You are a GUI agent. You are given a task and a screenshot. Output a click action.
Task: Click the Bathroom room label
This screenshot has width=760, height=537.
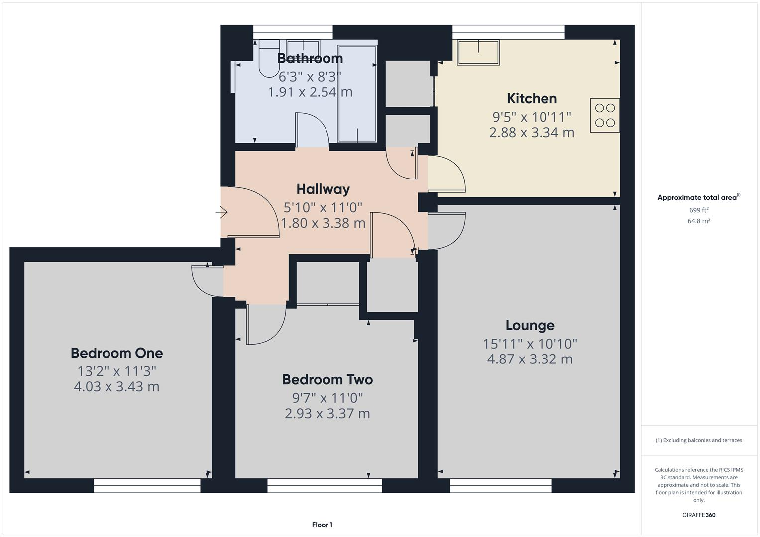coord(310,58)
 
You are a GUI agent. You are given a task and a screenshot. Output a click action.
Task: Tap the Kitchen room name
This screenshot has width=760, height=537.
coord(532,98)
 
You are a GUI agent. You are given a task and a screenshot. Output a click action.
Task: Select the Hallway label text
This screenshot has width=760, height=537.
coord(323,189)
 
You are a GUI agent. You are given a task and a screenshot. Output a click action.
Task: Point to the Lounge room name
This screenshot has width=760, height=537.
coord(530,325)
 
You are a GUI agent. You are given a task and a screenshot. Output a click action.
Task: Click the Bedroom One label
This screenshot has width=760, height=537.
coord(116,353)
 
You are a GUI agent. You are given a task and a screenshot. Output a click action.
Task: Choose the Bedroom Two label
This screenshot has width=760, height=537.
coord(327,380)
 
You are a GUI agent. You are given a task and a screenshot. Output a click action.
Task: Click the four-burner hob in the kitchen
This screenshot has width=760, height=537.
coord(605,115)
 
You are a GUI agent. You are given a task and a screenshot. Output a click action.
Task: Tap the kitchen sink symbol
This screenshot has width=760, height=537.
coord(478,53)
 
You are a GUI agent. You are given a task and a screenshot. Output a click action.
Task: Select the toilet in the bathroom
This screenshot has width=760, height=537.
coord(269,59)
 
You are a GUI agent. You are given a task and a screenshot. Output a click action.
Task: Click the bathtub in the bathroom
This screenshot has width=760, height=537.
coord(357,94)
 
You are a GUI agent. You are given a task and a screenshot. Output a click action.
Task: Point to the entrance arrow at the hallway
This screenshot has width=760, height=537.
coord(221,213)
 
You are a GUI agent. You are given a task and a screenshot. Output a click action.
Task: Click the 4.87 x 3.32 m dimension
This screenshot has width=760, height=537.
coord(530,359)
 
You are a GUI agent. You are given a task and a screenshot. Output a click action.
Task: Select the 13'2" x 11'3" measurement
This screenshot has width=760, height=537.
coord(116,371)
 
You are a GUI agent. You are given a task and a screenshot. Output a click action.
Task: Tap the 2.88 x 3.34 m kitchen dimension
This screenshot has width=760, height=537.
coord(532,133)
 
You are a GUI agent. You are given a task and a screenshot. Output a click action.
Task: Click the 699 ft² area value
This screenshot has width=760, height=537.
coord(698,210)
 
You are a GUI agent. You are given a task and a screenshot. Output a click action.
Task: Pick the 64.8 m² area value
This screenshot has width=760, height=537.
coord(698,221)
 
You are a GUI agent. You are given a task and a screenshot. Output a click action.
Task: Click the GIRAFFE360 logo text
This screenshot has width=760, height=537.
coord(698,515)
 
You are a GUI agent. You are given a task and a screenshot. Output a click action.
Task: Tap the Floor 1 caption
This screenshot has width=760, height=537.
coord(322,525)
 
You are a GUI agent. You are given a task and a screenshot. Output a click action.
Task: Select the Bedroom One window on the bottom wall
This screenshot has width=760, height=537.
coord(147,486)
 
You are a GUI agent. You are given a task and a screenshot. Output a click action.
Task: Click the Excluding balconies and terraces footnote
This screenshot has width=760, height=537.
coord(698,440)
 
